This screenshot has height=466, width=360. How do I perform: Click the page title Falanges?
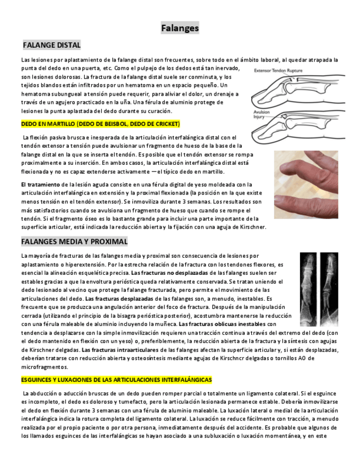click(180, 28)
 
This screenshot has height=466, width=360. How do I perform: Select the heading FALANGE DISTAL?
click(52, 45)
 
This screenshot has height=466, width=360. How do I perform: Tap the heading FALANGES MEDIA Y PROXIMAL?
click(74, 242)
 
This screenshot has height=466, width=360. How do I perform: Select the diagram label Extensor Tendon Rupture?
click(278, 70)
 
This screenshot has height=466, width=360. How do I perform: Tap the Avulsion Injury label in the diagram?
click(261, 114)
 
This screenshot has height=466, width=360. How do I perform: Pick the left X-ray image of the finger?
click(308, 289)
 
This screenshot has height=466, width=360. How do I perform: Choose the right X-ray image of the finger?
click(329, 289)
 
